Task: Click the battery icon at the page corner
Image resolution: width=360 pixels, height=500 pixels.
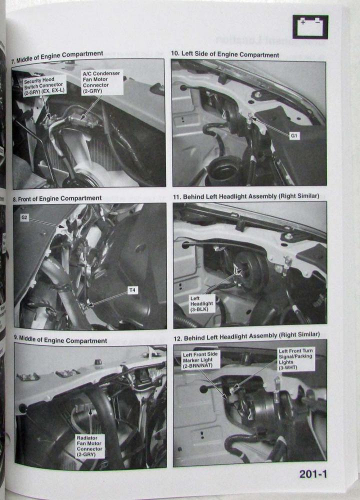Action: (310, 27)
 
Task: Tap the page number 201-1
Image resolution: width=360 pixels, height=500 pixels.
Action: (313, 474)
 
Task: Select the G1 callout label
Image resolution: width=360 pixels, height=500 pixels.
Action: (294, 136)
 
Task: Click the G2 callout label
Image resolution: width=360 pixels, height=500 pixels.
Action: (24, 218)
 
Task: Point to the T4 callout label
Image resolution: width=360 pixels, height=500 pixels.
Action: (132, 290)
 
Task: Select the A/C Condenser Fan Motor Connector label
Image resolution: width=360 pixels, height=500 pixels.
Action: (101, 82)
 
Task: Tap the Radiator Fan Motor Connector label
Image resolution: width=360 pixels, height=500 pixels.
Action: (89, 446)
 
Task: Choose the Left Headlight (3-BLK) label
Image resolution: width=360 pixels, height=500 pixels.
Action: (201, 303)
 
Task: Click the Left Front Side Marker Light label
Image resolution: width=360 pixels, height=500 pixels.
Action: (200, 359)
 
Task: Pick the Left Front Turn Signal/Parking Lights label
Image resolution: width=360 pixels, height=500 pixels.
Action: (295, 359)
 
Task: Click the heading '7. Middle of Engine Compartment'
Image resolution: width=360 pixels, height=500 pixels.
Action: (57, 57)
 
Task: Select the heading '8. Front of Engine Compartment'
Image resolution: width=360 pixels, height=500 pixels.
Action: (57, 198)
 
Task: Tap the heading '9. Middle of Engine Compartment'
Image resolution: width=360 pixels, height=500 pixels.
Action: (60, 340)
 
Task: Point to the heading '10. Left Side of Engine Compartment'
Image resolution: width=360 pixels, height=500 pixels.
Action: (225, 54)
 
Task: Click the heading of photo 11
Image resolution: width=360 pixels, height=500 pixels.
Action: (246, 196)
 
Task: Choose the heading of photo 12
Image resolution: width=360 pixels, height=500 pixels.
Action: (247, 336)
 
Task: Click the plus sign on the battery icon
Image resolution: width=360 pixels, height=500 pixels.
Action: (303, 22)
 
